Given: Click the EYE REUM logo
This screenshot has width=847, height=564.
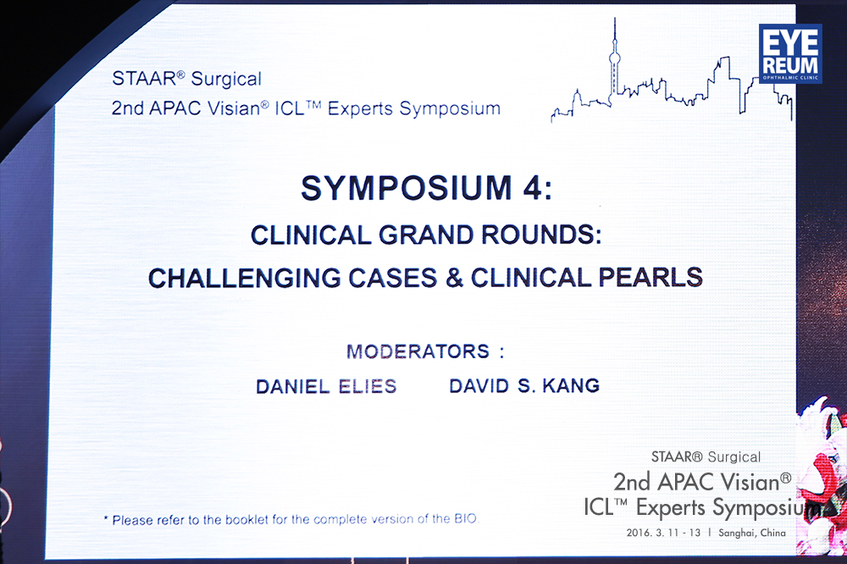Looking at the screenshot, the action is pyautogui.click(x=790, y=53).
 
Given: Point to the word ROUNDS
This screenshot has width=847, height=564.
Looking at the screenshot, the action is pyautogui.click(x=540, y=235).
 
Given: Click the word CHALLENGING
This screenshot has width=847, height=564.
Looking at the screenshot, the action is pyautogui.click(x=244, y=279).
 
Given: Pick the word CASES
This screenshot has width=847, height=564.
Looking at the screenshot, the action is pyautogui.click(x=392, y=279).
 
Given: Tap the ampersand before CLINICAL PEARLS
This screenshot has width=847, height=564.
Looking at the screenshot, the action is pyautogui.click(x=454, y=278).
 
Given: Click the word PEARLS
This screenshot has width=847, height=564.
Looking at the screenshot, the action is pyautogui.click(x=650, y=277).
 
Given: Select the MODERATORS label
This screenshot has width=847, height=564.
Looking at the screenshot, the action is pyautogui.click(x=418, y=351).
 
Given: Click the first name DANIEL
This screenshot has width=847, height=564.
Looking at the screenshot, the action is pyautogui.click(x=293, y=387).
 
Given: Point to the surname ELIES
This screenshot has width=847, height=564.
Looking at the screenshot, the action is pyautogui.click(x=368, y=386).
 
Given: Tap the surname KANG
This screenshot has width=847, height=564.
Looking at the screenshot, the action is pyautogui.click(x=571, y=385).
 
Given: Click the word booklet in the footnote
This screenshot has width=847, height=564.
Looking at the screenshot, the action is pyautogui.click(x=246, y=520).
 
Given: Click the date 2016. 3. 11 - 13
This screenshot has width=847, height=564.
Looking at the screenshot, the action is pyautogui.click(x=663, y=533).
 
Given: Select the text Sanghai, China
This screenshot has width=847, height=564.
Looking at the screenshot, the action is pyautogui.click(x=752, y=533).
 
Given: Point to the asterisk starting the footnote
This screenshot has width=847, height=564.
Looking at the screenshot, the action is pyautogui.click(x=106, y=518).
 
